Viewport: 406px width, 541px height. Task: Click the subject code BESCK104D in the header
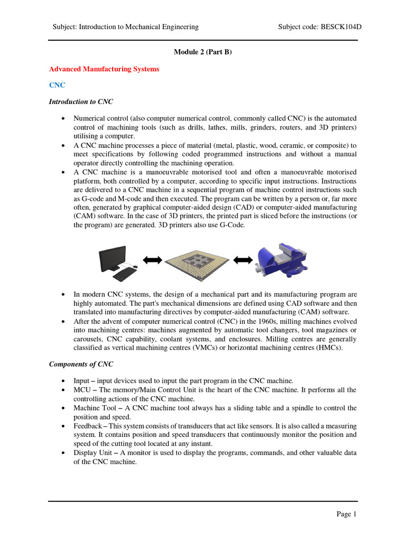(339, 26)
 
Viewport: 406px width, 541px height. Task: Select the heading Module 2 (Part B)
(203, 52)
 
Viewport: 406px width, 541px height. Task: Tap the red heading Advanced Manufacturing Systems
(104, 69)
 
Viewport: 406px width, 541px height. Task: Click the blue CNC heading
(57, 85)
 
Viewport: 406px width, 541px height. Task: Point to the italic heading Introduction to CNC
(81, 101)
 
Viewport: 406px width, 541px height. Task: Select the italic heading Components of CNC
(81, 364)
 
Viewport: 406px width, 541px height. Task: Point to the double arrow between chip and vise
(243, 259)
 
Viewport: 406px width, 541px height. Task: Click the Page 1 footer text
(347, 514)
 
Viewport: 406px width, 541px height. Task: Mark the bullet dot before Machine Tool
(64, 408)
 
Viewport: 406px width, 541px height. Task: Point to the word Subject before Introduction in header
(64, 26)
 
